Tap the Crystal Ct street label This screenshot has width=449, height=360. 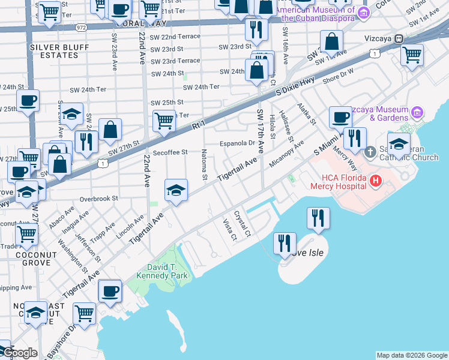pos(243,223)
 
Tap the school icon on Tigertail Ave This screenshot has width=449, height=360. pos(175,190)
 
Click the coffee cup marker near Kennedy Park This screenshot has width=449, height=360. pos(110,291)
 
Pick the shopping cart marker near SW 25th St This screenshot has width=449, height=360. pos(164,121)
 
